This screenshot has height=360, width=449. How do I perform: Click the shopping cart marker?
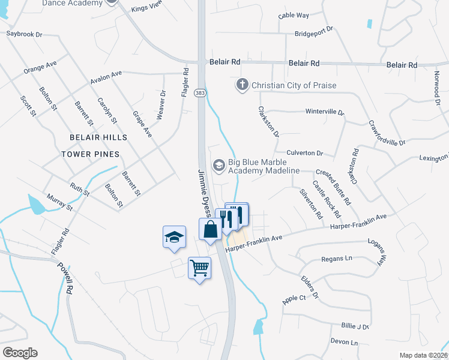[x=199, y=268]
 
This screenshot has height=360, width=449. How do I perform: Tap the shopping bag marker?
[x=210, y=229]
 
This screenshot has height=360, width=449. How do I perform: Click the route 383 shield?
[x=200, y=91]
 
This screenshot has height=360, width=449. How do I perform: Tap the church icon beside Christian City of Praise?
[x=243, y=85]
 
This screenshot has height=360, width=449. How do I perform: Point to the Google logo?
[x=20, y=353]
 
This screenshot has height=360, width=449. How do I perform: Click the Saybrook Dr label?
[x=25, y=34]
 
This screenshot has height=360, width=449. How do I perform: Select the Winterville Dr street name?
[x=325, y=112]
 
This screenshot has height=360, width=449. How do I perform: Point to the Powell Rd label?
[x=65, y=278]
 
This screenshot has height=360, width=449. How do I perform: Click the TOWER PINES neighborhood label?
[x=90, y=154]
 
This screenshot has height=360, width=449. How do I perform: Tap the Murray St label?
[x=59, y=203]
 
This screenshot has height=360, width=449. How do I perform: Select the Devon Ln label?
[x=345, y=343]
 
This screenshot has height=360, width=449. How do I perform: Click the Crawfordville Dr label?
[x=387, y=134]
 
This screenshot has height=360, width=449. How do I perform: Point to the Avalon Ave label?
[x=106, y=77]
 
